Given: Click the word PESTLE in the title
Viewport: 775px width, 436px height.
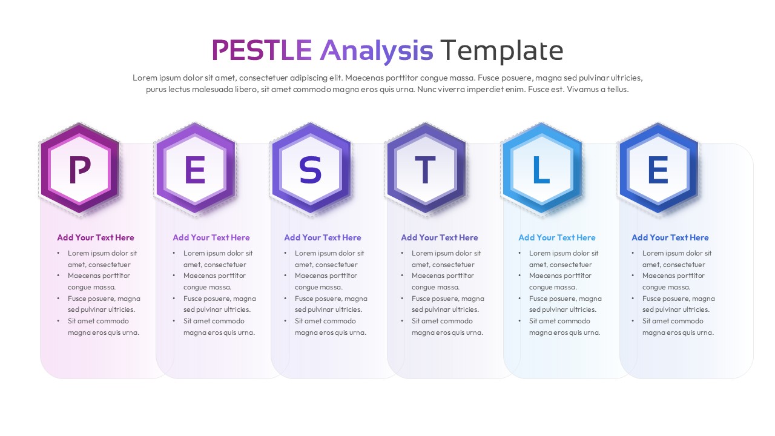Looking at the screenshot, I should [x=262, y=50].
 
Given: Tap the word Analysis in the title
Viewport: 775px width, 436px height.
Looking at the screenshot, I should [x=376, y=50].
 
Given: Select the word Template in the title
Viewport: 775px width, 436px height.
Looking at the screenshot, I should [x=502, y=50].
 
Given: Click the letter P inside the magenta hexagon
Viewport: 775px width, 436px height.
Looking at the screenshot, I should [x=79, y=170].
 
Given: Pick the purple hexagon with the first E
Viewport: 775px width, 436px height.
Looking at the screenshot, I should [x=194, y=170].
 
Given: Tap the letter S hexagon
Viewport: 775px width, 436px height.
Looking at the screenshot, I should [x=311, y=170].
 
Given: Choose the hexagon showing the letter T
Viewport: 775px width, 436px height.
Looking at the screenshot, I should [x=426, y=170].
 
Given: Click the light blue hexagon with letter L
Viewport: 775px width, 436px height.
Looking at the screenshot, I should [x=541, y=170].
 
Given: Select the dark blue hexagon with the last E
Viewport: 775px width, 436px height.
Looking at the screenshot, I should [x=658, y=170].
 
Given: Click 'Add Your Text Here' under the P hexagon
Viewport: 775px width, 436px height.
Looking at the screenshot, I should [x=96, y=238].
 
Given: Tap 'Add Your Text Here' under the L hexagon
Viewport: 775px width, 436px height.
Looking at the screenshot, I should [x=557, y=238].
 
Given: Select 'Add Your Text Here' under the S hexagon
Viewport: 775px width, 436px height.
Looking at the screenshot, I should [x=323, y=238].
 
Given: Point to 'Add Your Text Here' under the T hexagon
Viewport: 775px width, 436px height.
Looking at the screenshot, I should [x=440, y=238].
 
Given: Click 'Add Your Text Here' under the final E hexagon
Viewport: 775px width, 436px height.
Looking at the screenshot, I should [x=670, y=238].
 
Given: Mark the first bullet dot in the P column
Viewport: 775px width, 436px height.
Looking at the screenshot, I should [x=59, y=254].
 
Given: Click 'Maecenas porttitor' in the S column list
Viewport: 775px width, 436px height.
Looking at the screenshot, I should [x=326, y=276].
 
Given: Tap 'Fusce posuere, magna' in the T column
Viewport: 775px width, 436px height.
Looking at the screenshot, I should [x=448, y=299].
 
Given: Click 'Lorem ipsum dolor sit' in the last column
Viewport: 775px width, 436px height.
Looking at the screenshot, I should [x=677, y=253].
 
